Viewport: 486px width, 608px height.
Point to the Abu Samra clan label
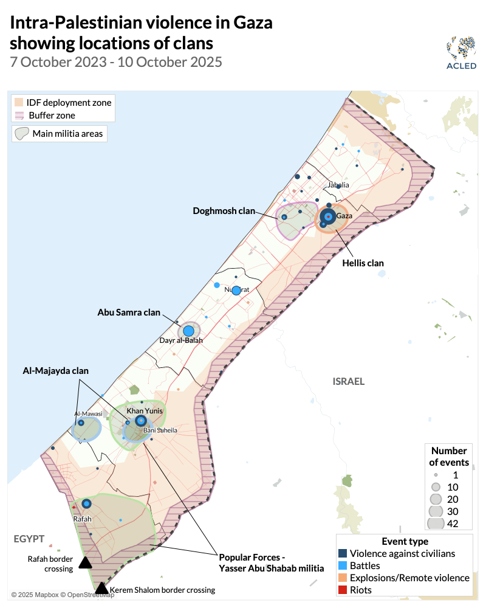129,313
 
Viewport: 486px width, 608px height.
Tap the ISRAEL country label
348,382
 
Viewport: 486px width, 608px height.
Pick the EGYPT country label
29,539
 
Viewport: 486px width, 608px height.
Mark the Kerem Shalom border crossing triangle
101,588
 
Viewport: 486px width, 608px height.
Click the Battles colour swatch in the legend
343,565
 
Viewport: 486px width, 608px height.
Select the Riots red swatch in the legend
343,590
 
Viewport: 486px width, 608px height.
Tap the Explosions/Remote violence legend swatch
343,578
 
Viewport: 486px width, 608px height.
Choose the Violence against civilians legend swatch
343,553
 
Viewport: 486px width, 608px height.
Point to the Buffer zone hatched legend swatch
19,115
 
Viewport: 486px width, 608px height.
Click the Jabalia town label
338,185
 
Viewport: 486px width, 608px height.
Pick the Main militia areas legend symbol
22,133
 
